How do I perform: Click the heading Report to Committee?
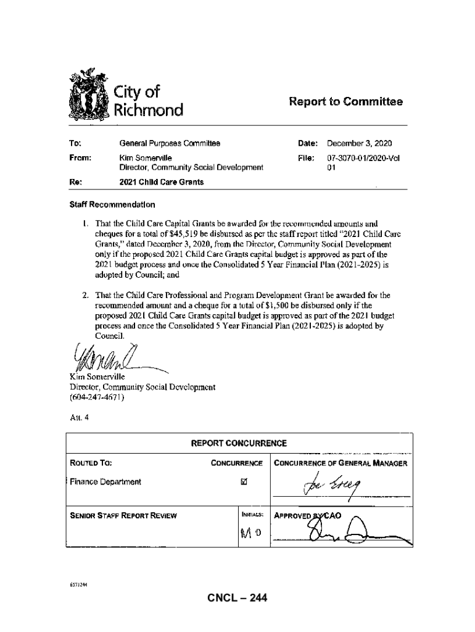[x=345, y=102]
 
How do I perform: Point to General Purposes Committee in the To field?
[x=170, y=143]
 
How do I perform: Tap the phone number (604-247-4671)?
[x=99, y=397]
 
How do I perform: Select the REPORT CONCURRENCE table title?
[x=238, y=443]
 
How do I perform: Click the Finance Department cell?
[x=105, y=481]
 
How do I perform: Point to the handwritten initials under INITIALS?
[x=249, y=533]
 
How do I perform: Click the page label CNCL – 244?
[x=238, y=597]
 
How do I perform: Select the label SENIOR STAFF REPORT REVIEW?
[x=122, y=515]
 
